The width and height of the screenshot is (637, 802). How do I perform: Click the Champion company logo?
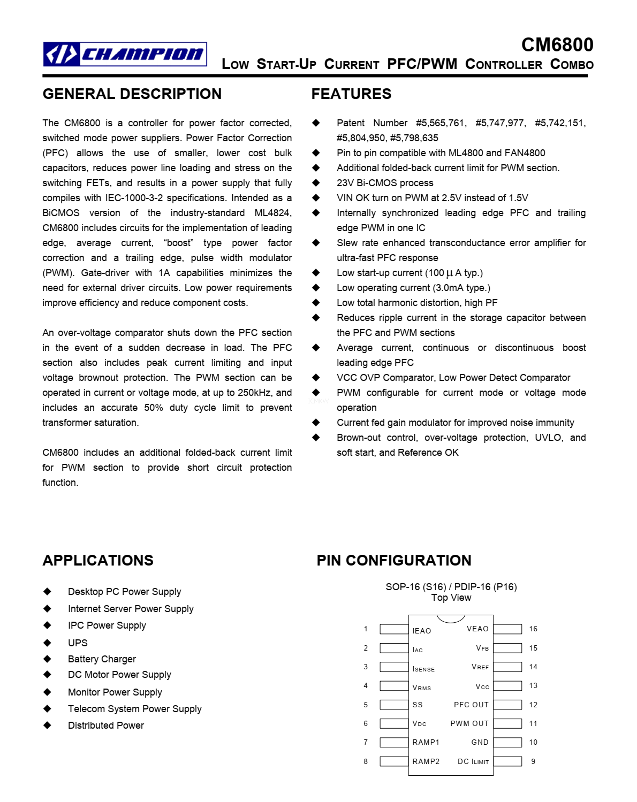click(x=125, y=54)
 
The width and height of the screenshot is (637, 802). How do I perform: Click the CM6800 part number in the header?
click(x=557, y=45)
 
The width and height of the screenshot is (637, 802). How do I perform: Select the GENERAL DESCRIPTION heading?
click(x=132, y=94)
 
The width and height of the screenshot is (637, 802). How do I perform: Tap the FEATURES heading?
click(x=351, y=94)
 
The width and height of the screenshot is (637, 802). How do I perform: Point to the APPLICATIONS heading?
click(x=98, y=560)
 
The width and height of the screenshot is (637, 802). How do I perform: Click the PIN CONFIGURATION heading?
click(x=393, y=560)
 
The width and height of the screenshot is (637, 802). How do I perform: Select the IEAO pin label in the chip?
click(x=421, y=631)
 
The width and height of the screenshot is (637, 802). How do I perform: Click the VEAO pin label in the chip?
click(x=477, y=629)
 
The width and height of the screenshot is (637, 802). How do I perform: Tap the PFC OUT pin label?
click(x=471, y=705)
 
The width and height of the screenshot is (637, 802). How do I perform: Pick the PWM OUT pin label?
click(x=469, y=723)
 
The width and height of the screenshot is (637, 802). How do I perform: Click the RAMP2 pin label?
click(x=426, y=761)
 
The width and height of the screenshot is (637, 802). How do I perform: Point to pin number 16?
click(x=533, y=629)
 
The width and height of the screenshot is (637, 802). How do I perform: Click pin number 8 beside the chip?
click(x=366, y=761)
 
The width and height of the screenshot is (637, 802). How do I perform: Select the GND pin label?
click(x=480, y=742)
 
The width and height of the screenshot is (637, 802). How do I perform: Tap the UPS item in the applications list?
click(x=78, y=643)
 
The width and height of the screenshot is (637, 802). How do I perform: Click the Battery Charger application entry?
click(x=102, y=659)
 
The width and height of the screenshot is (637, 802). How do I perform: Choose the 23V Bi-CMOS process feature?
click(x=385, y=183)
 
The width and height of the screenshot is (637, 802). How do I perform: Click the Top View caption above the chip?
click(x=451, y=598)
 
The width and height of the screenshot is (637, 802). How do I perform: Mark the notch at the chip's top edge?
click(x=451, y=618)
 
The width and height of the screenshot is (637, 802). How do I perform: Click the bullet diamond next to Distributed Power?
click(x=48, y=725)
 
